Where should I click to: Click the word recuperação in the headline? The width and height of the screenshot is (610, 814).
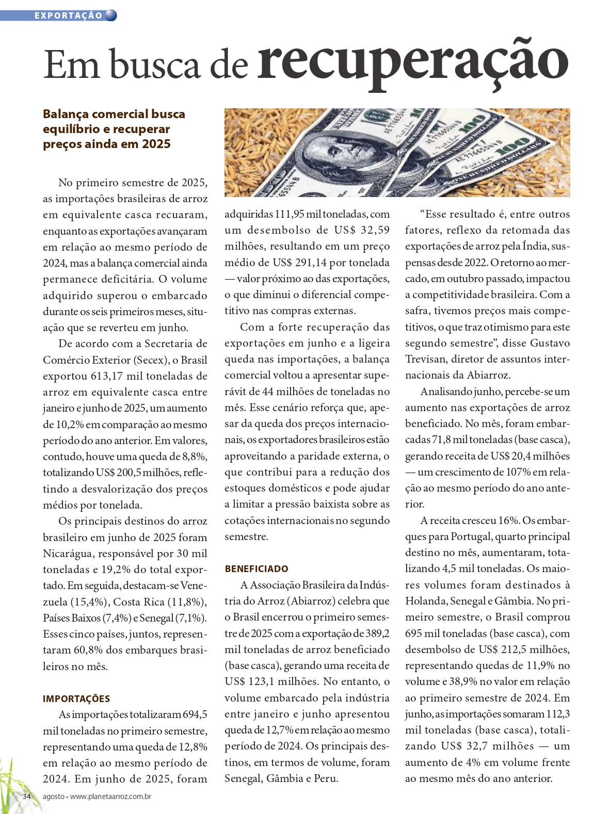click(x=413, y=63)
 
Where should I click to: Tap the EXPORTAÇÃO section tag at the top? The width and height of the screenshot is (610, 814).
click(x=68, y=15)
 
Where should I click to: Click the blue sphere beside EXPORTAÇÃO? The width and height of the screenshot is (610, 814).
click(x=111, y=15)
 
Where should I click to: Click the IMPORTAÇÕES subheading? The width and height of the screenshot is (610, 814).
click(x=76, y=699)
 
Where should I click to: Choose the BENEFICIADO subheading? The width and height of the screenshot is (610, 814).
click(x=256, y=569)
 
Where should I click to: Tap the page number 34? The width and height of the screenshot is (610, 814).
click(x=27, y=796)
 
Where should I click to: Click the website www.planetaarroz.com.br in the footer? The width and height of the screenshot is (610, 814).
click(x=110, y=796)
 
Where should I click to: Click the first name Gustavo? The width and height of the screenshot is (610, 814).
click(x=543, y=343)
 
